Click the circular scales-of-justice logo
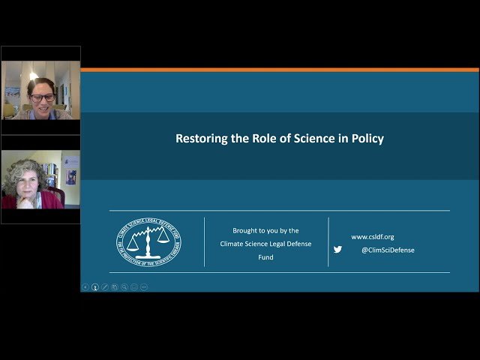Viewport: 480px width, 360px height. pos(148,241)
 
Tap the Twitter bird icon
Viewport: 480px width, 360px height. pos(337,250)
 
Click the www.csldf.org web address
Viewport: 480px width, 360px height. pos(372,237)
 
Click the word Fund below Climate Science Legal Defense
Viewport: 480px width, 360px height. pos(265,257)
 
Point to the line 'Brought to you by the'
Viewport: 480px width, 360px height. pos(265,231)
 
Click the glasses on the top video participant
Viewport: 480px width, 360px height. pos(41,97)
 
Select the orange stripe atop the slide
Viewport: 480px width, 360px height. pos(279,70)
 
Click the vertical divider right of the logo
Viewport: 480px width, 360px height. pos(205,241)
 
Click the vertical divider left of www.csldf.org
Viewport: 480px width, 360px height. pos(328,241)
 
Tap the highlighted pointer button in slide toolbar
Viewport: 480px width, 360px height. pos(95,286)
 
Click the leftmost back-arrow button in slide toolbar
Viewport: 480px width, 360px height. pos(85,286)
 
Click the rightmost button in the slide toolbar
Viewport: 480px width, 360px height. pos(144,286)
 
